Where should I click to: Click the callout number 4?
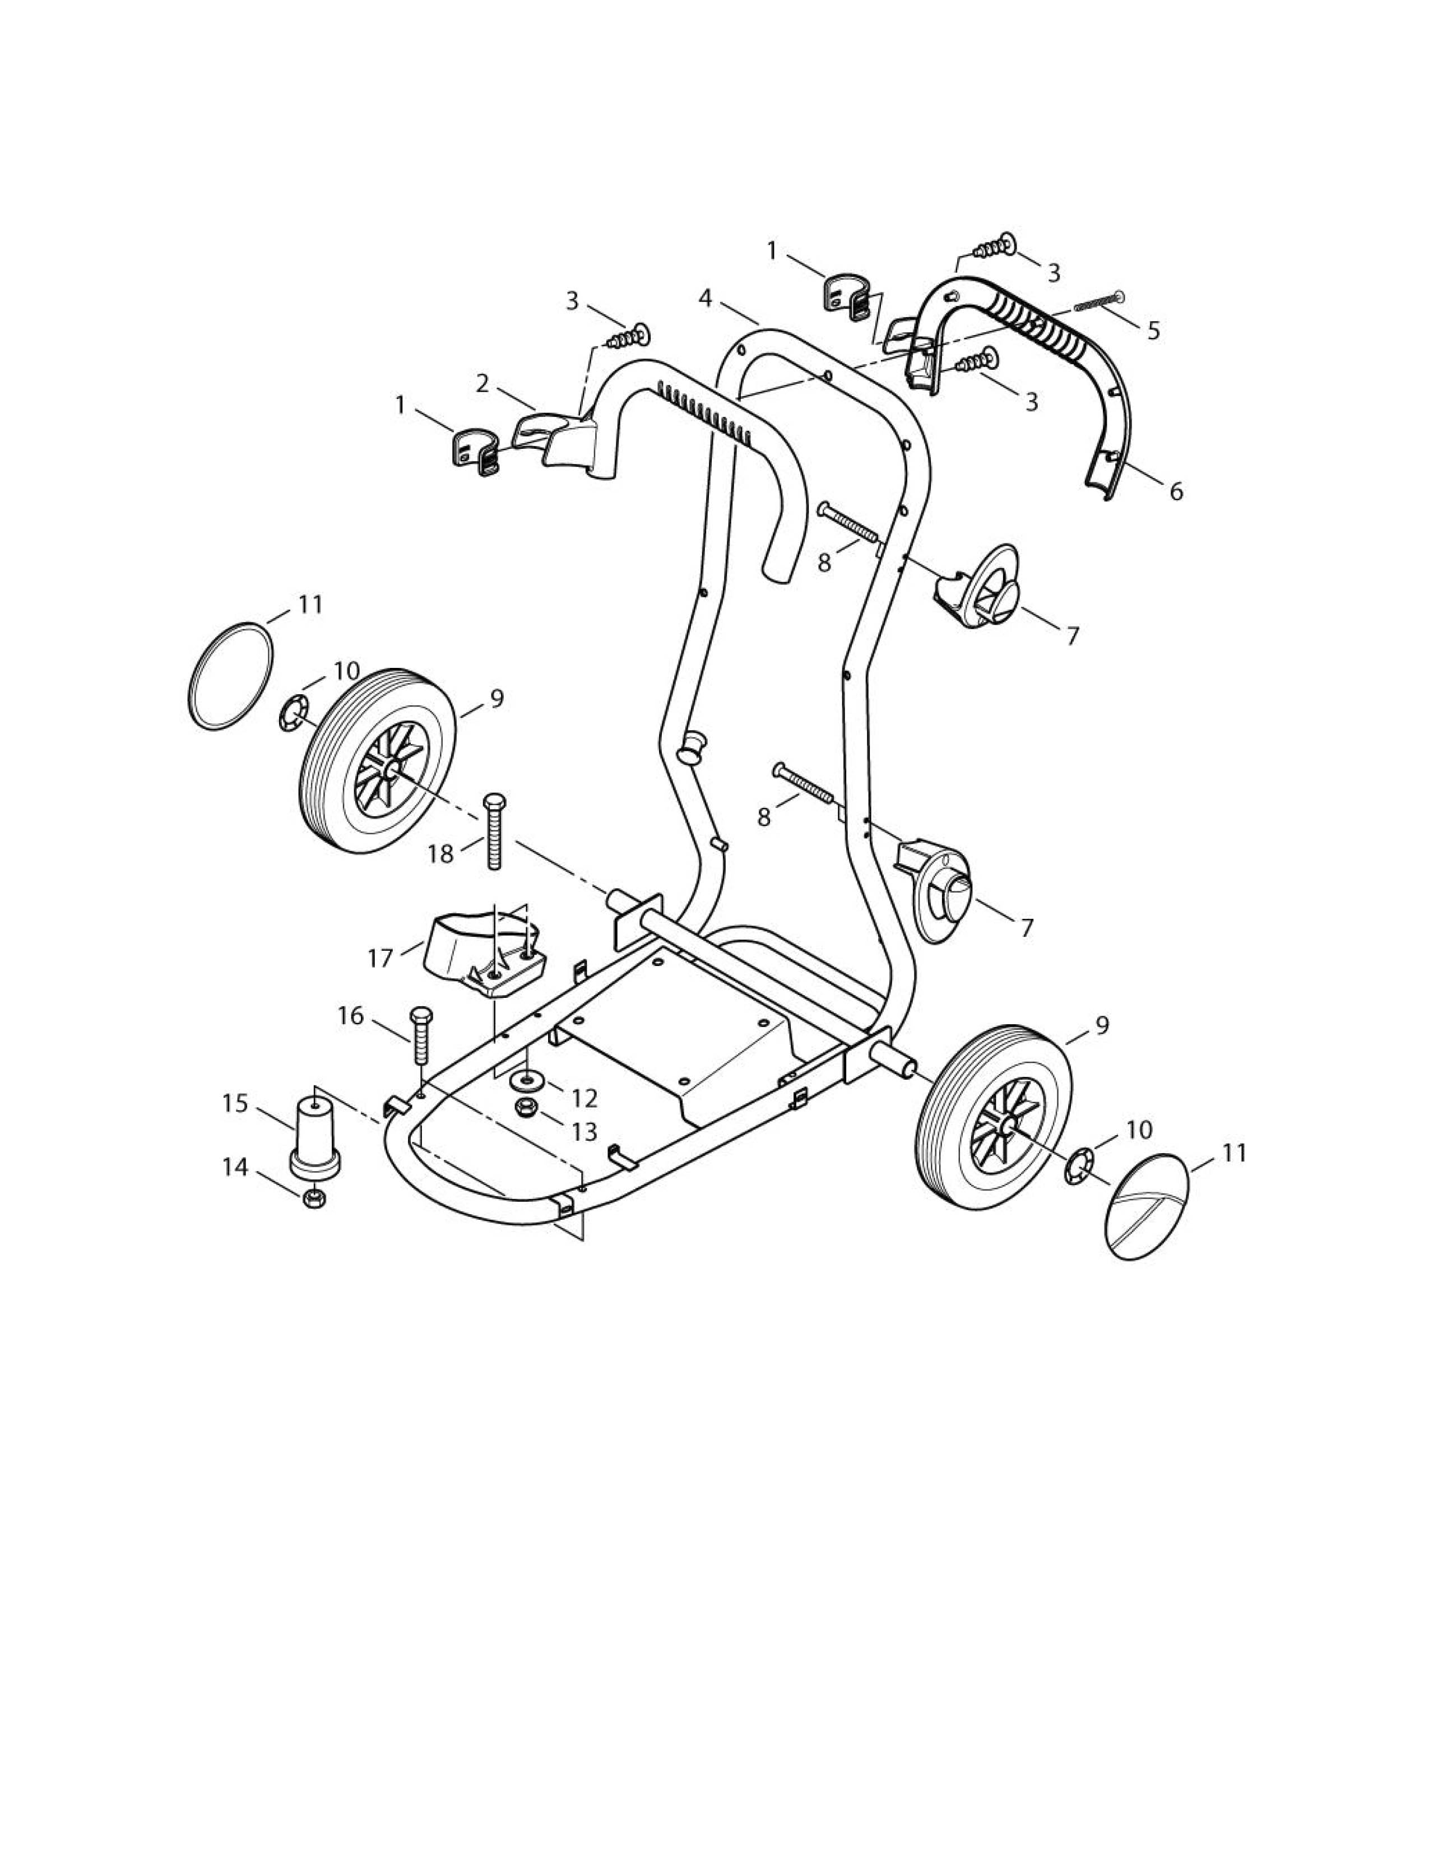point(705,299)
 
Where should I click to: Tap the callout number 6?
point(1176,490)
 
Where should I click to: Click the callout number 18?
point(440,854)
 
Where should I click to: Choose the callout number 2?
point(482,383)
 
